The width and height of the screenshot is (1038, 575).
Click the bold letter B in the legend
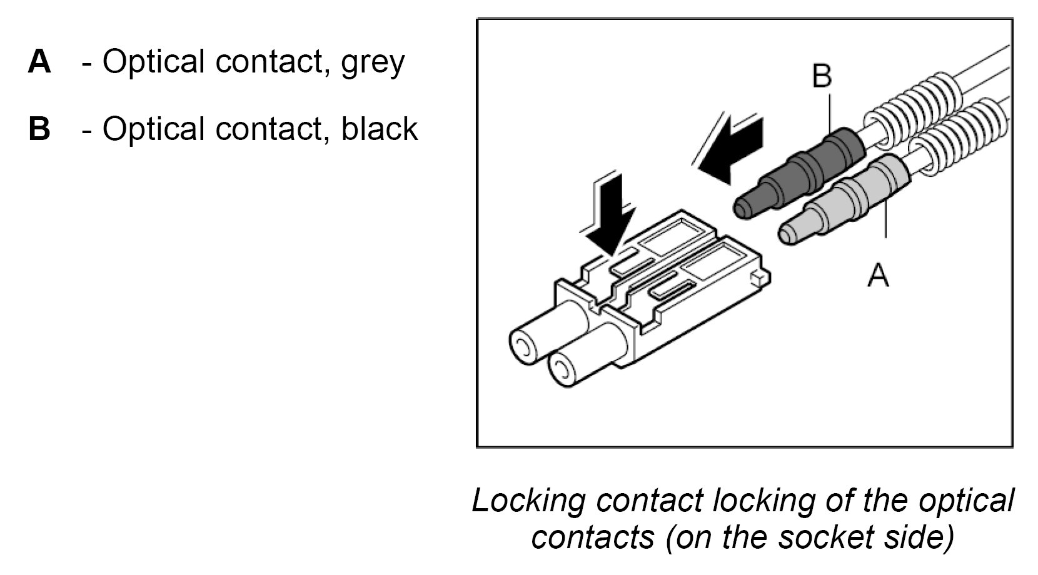[39, 129]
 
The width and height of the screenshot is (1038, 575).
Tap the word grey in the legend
[373, 62]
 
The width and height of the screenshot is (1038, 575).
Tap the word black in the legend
[379, 129]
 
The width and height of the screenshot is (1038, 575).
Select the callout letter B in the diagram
[822, 76]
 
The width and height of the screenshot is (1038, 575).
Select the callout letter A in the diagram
[878, 275]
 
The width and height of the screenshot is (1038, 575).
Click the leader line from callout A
[886, 219]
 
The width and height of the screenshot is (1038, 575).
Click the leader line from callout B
[829, 112]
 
